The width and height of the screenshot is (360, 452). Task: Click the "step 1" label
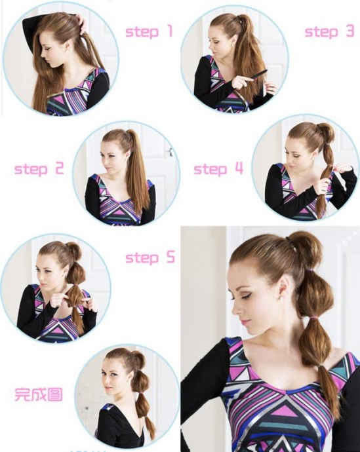coord(149,31)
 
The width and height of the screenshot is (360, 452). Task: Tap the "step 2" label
coord(39,168)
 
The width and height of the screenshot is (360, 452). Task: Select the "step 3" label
coord(329,31)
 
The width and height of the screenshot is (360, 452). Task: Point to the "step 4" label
coord(218,168)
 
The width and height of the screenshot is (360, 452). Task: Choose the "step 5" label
coord(150,257)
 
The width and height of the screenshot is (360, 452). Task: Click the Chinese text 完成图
coord(39,394)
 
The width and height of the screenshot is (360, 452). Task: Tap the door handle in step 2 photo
coord(170,152)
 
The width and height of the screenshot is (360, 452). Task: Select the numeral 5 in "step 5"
coord(170,257)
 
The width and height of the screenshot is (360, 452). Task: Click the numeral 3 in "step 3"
coord(350,31)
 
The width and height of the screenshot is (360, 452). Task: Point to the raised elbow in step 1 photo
coord(26,24)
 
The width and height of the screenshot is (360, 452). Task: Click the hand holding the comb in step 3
coord(237,84)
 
